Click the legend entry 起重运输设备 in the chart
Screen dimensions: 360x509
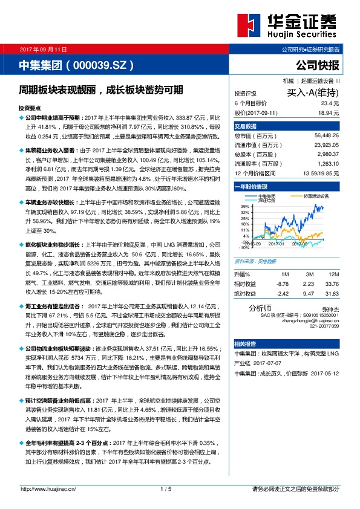[316, 196]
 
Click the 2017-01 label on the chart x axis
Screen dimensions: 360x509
[277, 244]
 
